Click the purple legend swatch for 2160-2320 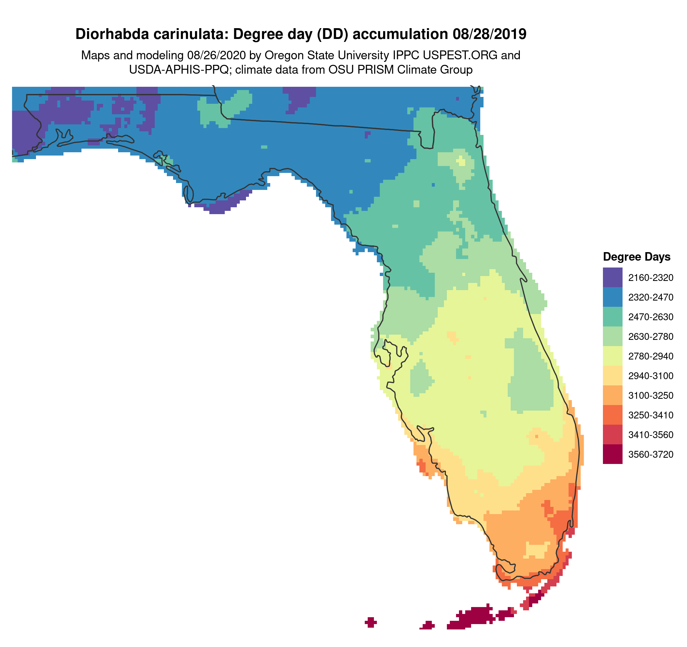[612, 277]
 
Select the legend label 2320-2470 [651, 297]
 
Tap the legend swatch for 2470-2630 [612, 317]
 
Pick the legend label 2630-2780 [651, 337]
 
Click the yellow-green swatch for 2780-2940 [612, 356]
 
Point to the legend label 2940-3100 [651, 376]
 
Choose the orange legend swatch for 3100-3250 [612, 395]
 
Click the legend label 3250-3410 [651, 415]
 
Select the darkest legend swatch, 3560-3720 [612, 454]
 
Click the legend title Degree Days [637, 257]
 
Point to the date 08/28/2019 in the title [489, 34]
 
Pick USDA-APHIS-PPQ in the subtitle [179, 70]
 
